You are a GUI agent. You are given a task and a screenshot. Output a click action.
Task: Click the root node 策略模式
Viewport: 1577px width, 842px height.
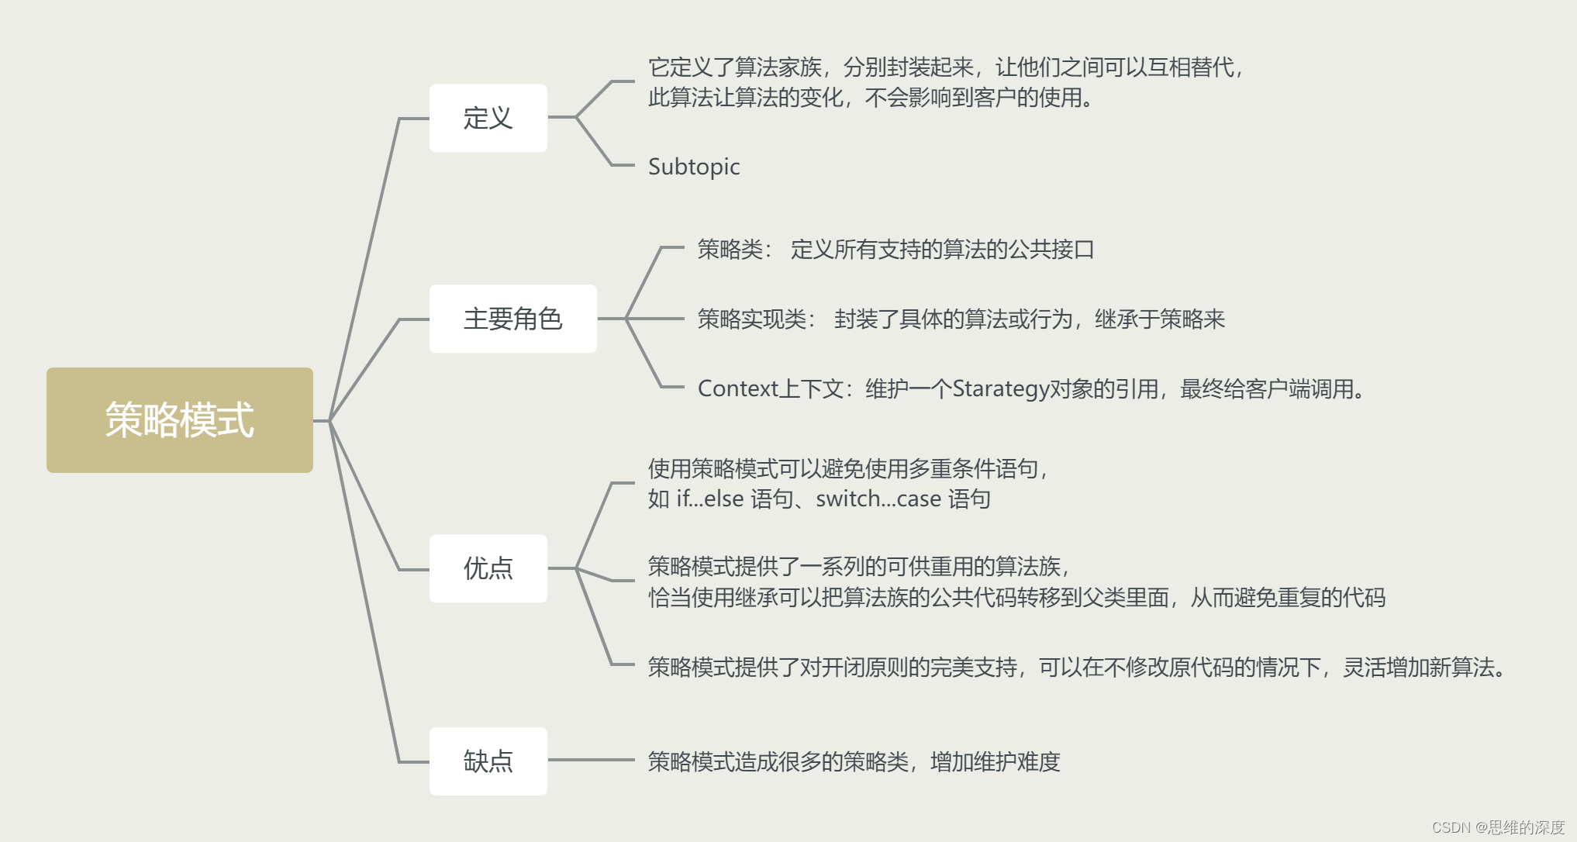tap(179, 419)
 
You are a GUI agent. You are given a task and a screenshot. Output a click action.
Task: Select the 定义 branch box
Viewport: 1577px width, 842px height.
tap(488, 118)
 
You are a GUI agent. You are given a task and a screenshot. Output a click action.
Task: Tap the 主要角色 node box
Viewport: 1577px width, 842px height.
tap(512, 319)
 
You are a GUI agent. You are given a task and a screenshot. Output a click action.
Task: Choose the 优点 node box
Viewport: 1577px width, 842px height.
tap(488, 568)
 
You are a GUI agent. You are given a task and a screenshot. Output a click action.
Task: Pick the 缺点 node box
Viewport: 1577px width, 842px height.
tap(488, 761)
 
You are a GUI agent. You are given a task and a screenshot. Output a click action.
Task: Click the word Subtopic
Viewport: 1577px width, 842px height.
tap(693, 167)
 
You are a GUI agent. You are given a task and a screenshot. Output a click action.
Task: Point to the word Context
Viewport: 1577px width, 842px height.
tap(737, 388)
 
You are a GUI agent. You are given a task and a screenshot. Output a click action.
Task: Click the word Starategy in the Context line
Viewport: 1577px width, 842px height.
tap(1000, 388)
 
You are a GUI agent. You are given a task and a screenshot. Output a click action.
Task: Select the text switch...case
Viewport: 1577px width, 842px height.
tap(878, 499)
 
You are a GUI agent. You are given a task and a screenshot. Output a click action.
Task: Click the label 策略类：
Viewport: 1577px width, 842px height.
tap(733, 250)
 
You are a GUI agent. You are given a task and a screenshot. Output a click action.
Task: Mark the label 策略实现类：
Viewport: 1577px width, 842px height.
tap(755, 319)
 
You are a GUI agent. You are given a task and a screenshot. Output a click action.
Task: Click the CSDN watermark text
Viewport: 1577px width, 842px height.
tap(1497, 827)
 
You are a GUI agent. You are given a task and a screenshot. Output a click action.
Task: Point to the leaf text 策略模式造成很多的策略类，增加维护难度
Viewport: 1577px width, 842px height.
tap(853, 761)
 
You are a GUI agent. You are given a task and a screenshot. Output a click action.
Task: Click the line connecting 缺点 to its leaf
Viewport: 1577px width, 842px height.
tap(591, 760)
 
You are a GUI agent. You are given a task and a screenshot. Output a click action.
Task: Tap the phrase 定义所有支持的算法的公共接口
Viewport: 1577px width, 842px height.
tap(942, 250)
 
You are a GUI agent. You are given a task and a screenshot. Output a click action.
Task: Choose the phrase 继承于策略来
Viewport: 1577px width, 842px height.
tap(1159, 319)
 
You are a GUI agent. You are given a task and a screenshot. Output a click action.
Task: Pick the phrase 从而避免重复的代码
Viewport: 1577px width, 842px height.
tap(1287, 598)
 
